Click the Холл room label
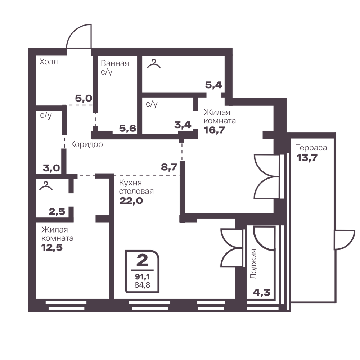(49, 62)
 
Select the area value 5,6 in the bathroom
(127, 129)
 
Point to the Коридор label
(86, 144)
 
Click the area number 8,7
(169, 167)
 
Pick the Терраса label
(311, 148)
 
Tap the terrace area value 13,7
(307, 158)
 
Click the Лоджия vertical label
(253, 264)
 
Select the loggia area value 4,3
(261, 292)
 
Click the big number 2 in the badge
(142, 260)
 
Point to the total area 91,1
(142, 276)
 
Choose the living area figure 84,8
(142, 285)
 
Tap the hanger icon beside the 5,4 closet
(154, 64)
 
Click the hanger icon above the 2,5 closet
(46, 186)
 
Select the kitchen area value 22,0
(131, 201)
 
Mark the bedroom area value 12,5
(52, 248)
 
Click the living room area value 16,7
(214, 130)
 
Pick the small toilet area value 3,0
(51, 168)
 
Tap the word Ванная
(115, 63)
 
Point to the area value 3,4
(183, 125)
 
